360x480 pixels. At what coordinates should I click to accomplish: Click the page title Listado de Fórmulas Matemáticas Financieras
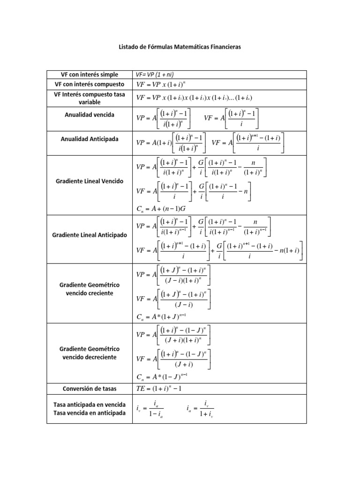[x=180, y=47]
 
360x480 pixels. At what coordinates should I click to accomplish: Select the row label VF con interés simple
[x=90, y=75]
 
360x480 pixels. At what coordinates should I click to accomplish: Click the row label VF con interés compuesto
[x=90, y=84]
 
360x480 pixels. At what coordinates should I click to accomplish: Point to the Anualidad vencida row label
[x=90, y=114]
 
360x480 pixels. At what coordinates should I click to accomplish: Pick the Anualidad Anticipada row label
[x=90, y=139]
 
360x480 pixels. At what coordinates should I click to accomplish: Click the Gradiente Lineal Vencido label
[x=90, y=181]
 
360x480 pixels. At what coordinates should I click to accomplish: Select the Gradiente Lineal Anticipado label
[x=90, y=235]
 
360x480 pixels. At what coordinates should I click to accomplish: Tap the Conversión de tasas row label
[x=90, y=389]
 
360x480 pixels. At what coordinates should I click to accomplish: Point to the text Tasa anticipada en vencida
[x=90, y=405]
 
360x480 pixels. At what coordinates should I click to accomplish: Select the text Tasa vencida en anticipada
[x=90, y=413]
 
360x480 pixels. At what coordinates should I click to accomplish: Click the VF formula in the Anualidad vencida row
[x=232, y=119]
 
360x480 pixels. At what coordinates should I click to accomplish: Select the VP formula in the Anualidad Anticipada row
[x=170, y=143]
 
